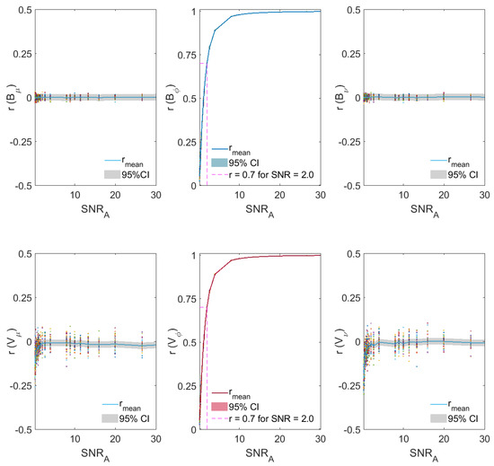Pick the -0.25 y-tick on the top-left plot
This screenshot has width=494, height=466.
(x=20, y=142)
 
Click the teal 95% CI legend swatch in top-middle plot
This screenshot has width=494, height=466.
(x=221, y=163)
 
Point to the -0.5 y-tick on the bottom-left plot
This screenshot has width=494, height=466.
(x=22, y=429)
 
